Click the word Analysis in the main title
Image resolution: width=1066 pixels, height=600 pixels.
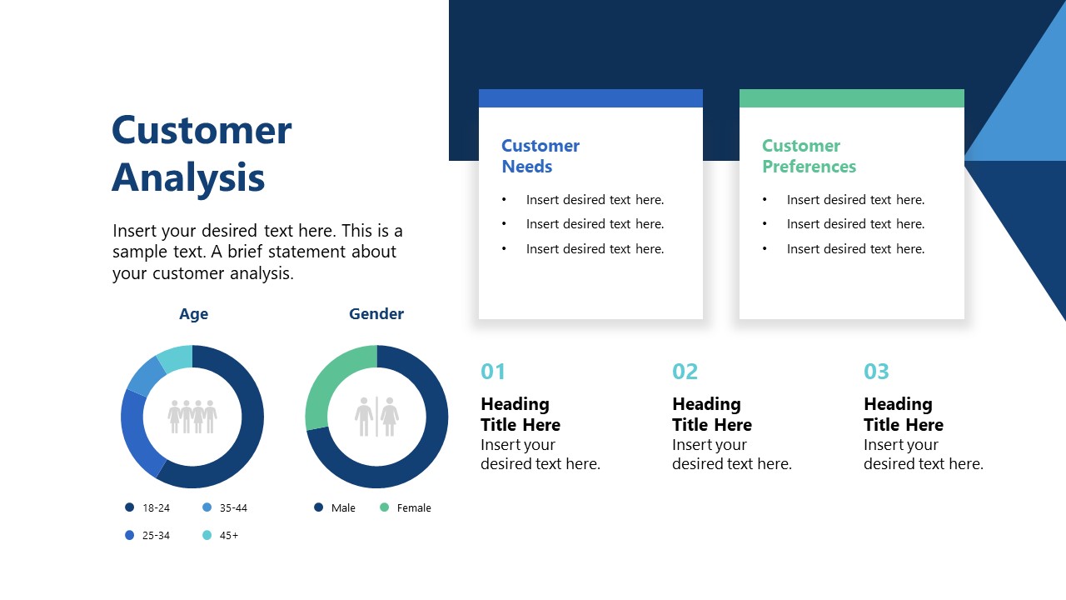[x=188, y=177]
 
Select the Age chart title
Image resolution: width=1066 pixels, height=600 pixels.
[x=193, y=314]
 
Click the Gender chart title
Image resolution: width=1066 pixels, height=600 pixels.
[x=376, y=314]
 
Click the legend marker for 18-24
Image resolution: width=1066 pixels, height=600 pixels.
[x=129, y=507]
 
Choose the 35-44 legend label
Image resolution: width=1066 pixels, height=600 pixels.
[x=233, y=507]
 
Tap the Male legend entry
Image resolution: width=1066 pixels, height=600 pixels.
[x=342, y=507]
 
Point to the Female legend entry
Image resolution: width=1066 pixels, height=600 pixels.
[x=413, y=507]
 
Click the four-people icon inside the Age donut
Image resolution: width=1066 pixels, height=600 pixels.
[x=192, y=416]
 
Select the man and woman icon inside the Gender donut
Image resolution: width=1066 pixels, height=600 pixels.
[x=376, y=416]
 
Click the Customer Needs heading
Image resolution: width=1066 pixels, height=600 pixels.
[x=540, y=156]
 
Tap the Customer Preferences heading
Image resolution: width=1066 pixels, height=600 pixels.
[x=809, y=156]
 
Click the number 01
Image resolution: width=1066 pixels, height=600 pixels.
[x=493, y=372]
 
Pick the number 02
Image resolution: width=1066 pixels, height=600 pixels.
[x=685, y=372]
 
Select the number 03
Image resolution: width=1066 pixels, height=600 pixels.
[x=876, y=372]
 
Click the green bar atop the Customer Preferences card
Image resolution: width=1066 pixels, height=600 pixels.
[x=851, y=98]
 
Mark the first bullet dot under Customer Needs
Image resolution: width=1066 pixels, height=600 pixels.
[x=504, y=200]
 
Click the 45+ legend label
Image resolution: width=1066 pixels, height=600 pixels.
[x=229, y=535]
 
